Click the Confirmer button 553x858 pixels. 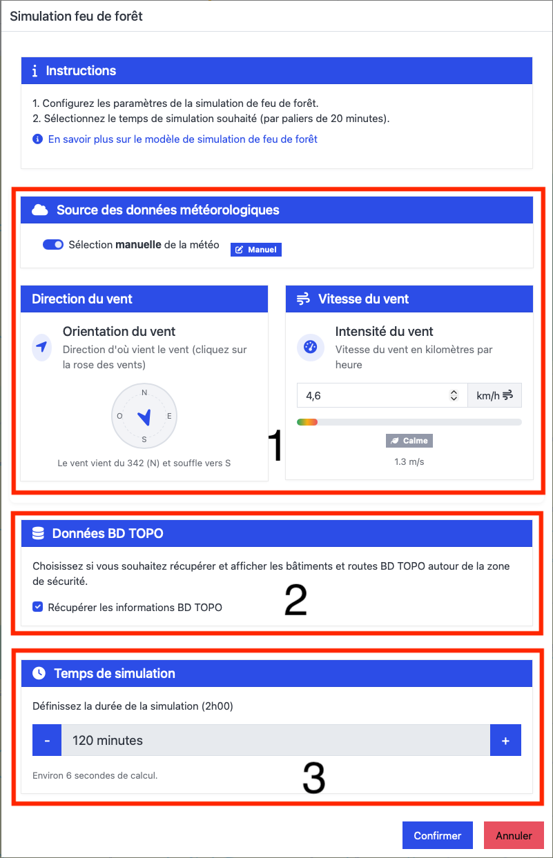[x=437, y=835]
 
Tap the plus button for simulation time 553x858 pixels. [x=505, y=740]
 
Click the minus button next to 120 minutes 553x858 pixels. [x=47, y=740]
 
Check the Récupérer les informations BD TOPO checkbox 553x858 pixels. [x=37, y=607]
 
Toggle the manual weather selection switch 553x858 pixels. [x=53, y=244]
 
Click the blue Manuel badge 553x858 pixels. [x=256, y=250]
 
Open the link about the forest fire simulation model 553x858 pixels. [x=182, y=139]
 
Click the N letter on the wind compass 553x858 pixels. [x=144, y=392]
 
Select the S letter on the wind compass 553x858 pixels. [x=144, y=439]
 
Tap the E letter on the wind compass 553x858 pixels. [x=169, y=416]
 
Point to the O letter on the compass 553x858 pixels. [x=119, y=416]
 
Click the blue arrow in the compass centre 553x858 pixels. [x=145, y=417]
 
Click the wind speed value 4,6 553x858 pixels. [x=313, y=396]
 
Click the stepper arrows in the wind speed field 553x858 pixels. [x=454, y=395]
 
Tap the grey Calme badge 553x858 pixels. [x=409, y=441]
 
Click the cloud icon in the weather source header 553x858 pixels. [x=40, y=210]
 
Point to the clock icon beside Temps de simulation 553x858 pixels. [x=39, y=673]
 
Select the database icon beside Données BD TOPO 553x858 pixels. [x=38, y=533]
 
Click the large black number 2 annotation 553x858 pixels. [x=295, y=600]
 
